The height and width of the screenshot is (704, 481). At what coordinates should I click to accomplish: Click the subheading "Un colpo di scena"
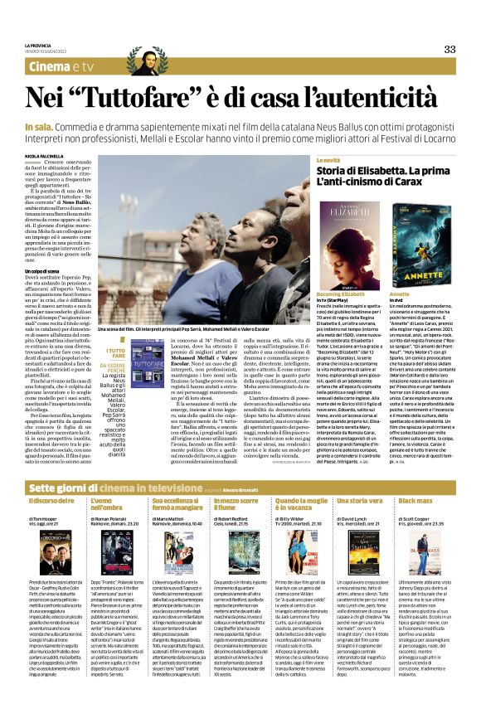[44, 270]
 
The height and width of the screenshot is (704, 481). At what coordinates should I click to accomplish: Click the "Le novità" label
[328, 159]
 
